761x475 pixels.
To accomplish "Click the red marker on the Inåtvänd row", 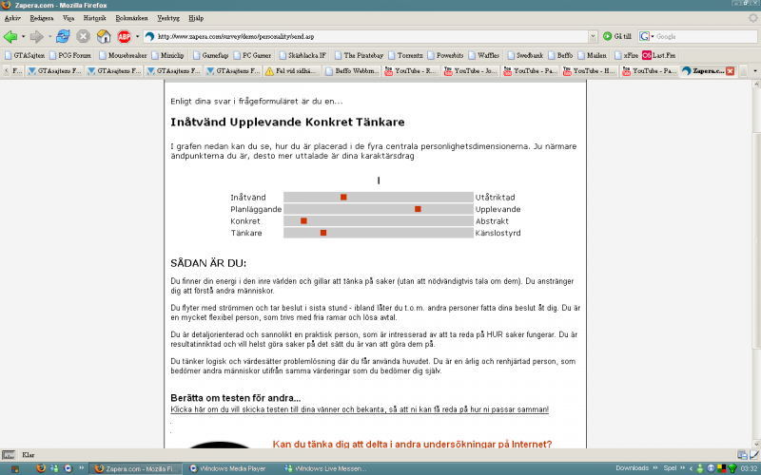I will [343, 197].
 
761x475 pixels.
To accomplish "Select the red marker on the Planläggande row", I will [418, 209].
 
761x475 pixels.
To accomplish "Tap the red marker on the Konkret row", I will [303, 220].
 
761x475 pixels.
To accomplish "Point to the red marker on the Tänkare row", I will [323, 233].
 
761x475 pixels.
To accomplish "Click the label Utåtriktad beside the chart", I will [497, 197].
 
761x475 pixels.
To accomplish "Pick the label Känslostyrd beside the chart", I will [498, 233].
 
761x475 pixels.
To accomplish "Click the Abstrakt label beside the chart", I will [492, 220].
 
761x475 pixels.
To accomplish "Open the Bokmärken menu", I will [132, 18].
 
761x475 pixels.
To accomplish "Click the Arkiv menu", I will [12, 18].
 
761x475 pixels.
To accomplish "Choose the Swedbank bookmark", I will [528, 55].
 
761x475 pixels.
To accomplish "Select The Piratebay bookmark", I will [361, 55].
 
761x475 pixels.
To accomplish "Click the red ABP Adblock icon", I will [124, 36].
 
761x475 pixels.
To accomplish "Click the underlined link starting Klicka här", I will [360, 409].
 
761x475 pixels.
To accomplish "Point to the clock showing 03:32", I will [749, 468].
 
